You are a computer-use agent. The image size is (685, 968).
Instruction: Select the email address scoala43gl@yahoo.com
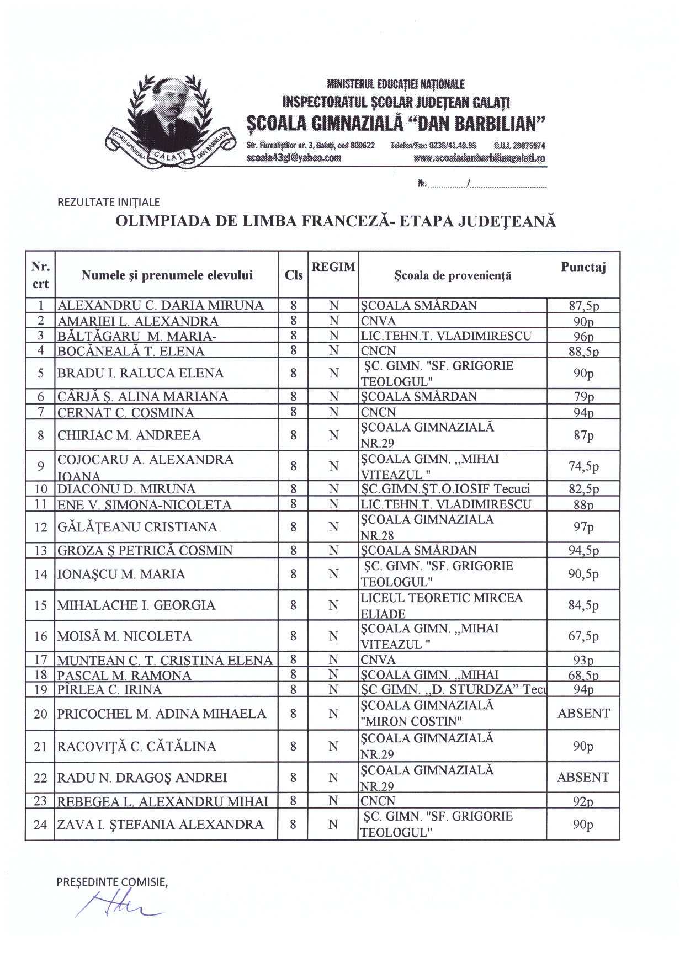294,157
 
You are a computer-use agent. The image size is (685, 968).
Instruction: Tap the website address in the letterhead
479,158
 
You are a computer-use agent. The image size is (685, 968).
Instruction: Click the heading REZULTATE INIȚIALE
109,203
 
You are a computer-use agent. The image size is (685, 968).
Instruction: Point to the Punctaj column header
583,268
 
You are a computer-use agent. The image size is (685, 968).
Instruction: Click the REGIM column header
333,267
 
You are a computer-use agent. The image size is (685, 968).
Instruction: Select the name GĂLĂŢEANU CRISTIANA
137,527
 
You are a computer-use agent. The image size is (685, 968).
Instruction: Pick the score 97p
583,527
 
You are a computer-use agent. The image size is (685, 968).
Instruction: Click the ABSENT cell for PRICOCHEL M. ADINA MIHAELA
583,714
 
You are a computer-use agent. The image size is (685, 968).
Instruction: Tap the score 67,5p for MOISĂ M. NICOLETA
583,636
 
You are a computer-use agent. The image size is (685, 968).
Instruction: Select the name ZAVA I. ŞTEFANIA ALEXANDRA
160,825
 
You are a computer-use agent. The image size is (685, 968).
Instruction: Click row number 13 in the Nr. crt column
41,550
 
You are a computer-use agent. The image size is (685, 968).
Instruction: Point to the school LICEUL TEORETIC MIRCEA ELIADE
442,605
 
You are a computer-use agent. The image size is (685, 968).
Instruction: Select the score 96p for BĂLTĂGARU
583,337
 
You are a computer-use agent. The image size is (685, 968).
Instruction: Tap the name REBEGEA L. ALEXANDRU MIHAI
163,801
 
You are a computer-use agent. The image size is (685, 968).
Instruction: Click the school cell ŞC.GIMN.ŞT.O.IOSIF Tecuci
445,489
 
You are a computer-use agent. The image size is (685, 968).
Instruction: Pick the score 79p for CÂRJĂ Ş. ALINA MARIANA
583,397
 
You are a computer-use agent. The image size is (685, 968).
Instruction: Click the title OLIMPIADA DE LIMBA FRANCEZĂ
336,222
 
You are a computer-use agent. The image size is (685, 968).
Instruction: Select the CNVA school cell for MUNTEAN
379,660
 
